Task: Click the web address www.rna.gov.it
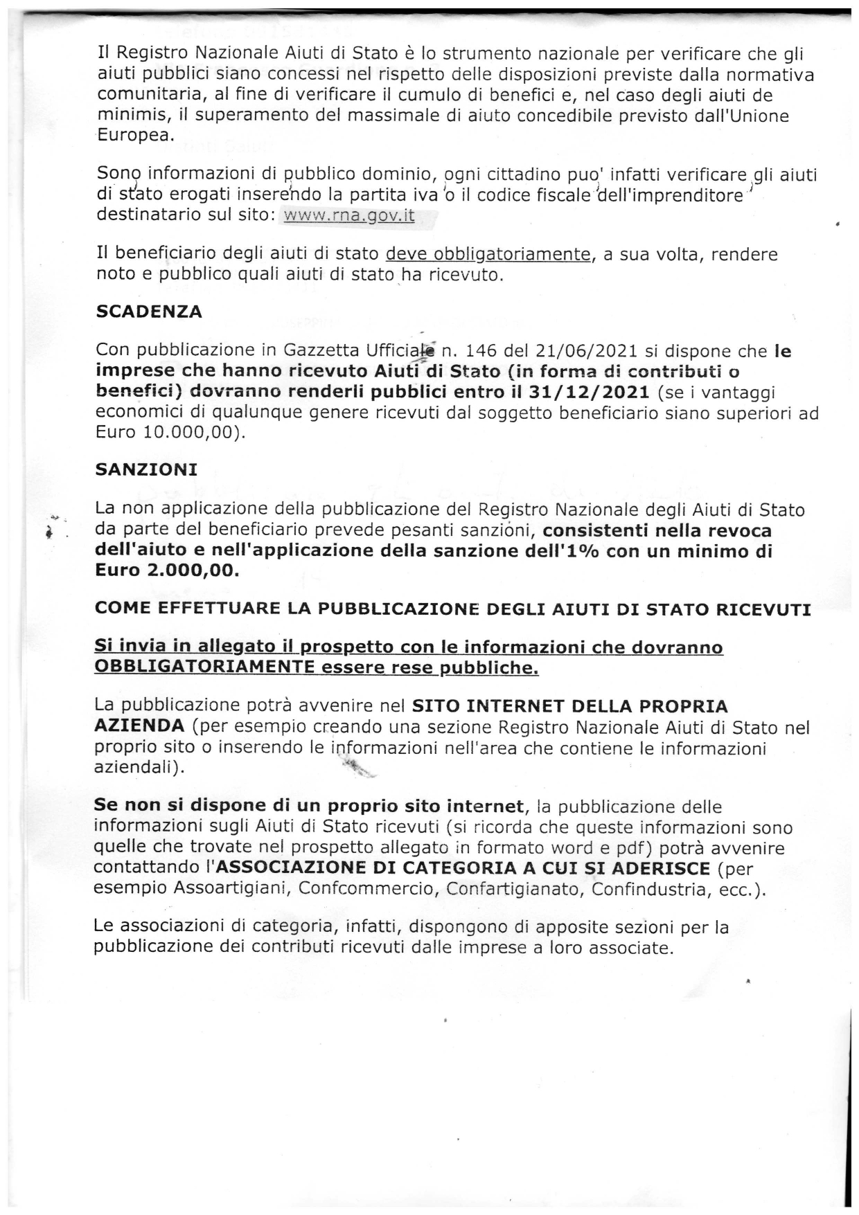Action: point(350,215)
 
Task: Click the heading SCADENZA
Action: point(149,312)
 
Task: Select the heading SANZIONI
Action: point(146,469)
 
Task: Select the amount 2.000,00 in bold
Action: point(193,572)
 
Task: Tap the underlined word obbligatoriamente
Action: point(488,255)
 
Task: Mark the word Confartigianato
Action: point(513,889)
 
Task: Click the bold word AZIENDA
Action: point(139,727)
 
